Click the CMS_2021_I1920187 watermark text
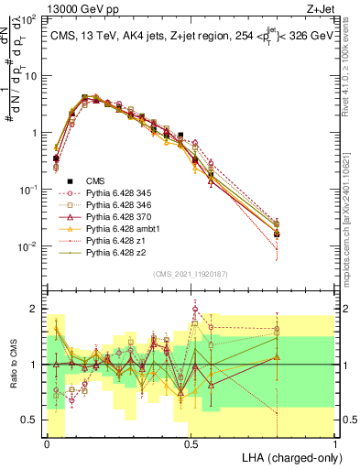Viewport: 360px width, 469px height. click(191, 274)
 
